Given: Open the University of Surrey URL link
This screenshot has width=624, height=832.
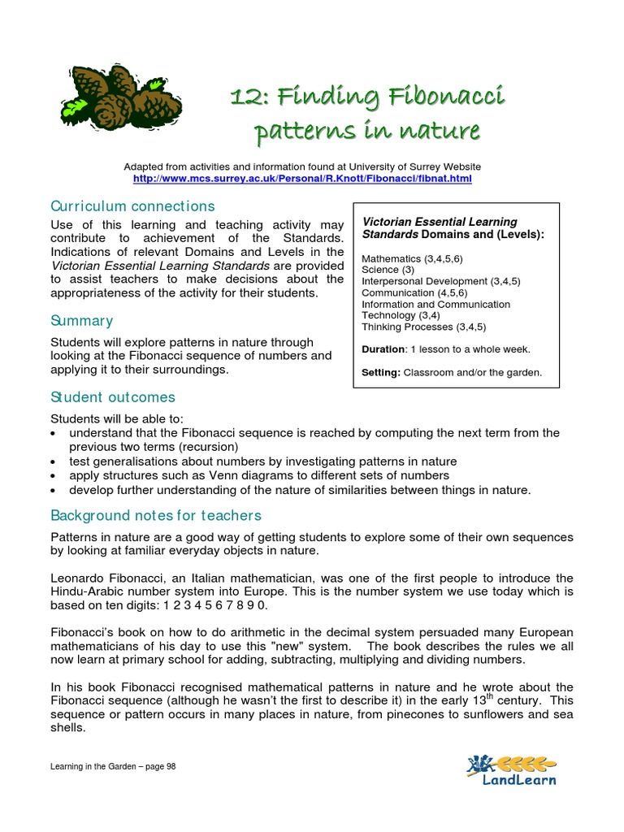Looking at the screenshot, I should pyautogui.click(x=302, y=178).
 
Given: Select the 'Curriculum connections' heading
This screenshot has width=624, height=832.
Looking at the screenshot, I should pyautogui.click(x=132, y=206).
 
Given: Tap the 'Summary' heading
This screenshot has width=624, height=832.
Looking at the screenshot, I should pyautogui.click(x=81, y=321).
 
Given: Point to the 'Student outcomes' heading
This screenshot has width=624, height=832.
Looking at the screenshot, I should pyautogui.click(x=112, y=397).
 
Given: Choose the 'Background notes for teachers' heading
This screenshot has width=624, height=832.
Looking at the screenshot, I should pyautogui.click(x=156, y=515).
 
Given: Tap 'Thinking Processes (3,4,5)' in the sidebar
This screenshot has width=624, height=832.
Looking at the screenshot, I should pyautogui.click(x=418, y=327).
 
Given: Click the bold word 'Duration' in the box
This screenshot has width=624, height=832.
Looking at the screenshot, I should pyautogui.click(x=383, y=349).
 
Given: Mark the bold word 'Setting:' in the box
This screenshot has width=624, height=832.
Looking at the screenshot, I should pyautogui.click(x=381, y=373).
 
